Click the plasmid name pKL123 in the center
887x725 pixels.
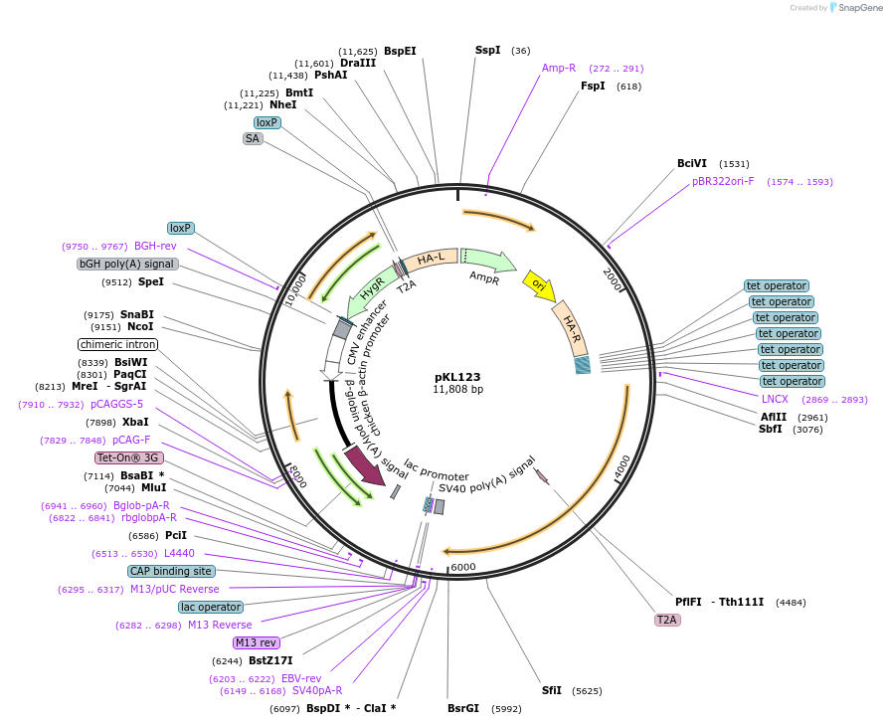coord(457,377)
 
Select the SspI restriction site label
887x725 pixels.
coord(487,50)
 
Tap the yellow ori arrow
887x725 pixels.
coord(539,286)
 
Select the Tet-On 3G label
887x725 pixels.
coord(128,458)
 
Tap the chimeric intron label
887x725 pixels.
coord(118,344)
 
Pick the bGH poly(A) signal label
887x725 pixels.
coord(127,265)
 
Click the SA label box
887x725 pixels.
coord(253,139)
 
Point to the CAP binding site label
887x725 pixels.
coord(171,572)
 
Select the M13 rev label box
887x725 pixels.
coord(257,642)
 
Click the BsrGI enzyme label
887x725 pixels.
coord(463,709)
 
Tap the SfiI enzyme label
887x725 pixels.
coord(552,690)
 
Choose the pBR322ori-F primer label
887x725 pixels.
coord(723,182)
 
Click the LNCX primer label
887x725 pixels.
coord(775,399)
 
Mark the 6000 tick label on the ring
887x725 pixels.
coord(463,567)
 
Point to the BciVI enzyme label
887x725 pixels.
coord(692,163)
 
